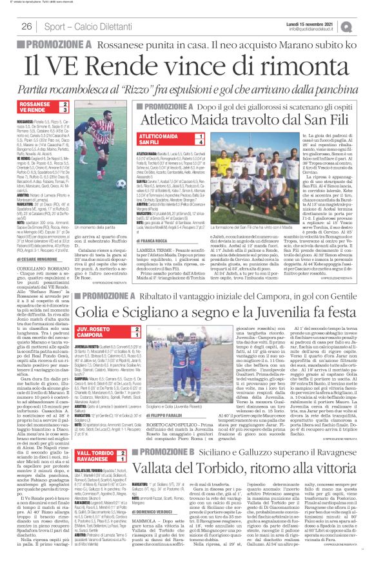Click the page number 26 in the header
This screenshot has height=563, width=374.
pyautogui.click(x=27, y=26)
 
